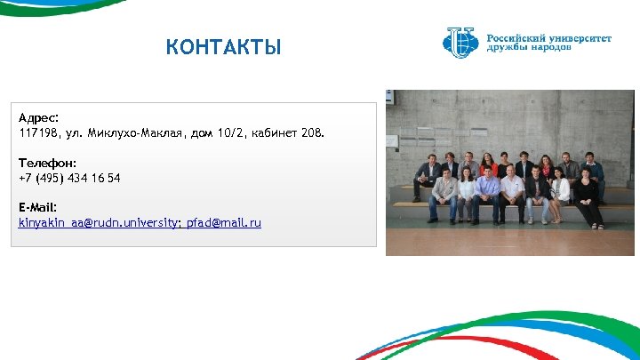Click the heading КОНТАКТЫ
pos(223,47)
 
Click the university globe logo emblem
pos(460,42)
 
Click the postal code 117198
pos(36,132)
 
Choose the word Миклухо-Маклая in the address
pos(136,132)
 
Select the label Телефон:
pos(47,163)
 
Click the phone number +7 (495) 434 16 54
pos(69,178)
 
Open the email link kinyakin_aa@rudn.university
pos(99,222)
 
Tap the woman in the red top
pos(487,165)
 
